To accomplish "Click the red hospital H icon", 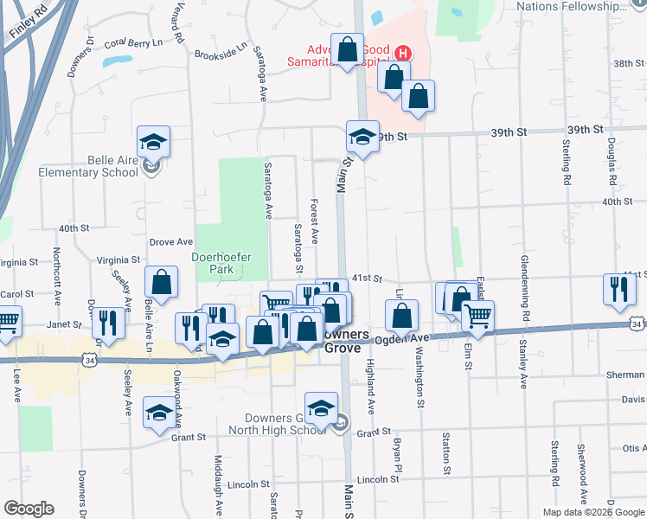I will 401,53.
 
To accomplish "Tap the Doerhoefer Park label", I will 213,263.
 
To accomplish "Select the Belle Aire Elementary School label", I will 88,166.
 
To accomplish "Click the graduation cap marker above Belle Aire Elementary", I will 153,141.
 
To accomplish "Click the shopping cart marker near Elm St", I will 477,317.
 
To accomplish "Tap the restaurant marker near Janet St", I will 108,323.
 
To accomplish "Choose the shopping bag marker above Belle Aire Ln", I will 161,282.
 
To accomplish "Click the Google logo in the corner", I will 29,509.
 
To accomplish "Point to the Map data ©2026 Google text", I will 593,512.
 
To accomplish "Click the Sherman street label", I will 627,375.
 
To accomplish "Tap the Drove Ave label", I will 171,242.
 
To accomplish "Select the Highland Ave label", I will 370,385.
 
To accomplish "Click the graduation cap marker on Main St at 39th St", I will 362,137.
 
